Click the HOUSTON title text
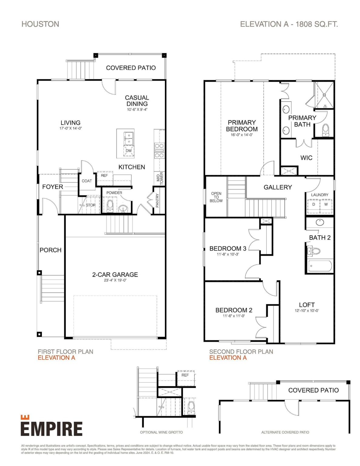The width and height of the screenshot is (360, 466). [x=40, y=24]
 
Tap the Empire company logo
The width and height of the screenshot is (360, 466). [x=51, y=426]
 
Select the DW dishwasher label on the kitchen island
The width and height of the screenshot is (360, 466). [x=129, y=151]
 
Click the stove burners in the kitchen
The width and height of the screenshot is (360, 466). [x=159, y=150]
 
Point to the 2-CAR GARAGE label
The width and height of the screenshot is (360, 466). [x=115, y=275]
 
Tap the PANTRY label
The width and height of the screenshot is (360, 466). [x=157, y=201]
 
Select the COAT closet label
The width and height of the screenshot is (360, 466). [x=87, y=181]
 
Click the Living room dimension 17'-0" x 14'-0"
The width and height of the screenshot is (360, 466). [x=71, y=128]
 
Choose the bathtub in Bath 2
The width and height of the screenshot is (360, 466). [x=320, y=266]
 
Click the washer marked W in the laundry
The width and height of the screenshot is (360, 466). [x=326, y=204]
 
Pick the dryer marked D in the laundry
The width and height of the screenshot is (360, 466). [x=314, y=204]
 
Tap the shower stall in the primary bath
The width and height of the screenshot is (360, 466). [x=324, y=95]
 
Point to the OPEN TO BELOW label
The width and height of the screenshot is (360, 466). [x=216, y=197]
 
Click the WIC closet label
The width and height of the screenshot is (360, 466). [x=306, y=158]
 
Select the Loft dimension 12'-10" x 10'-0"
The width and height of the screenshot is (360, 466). [x=307, y=311]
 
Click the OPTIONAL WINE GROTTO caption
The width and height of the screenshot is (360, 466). [x=161, y=432]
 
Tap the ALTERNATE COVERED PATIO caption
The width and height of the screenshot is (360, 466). [x=285, y=432]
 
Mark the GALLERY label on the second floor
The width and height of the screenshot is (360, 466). [x=278, y=187]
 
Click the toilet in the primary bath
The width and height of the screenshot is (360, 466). [x=325, y=130]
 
